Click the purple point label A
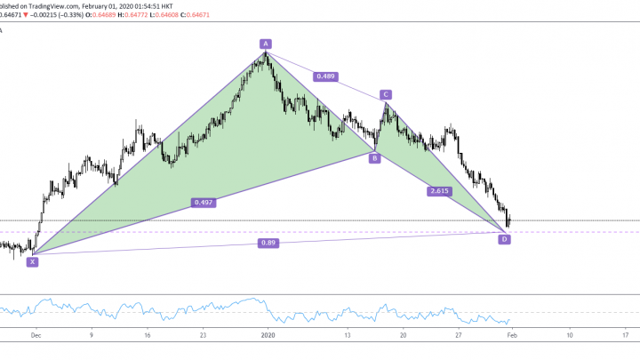pos(265,43)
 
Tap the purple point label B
pos(375,158)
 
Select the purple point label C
pos(386,94)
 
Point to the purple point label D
pos(504,239)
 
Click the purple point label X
pos(33,261)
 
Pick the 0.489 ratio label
pos(325,77)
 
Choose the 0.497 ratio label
pos(204,203)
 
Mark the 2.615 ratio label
pos(439,191)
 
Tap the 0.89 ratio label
pos(268,243)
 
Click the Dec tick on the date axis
pos(35,335)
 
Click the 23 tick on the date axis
pos(203,335)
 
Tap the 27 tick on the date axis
pos(459,335)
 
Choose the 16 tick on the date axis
pos(147,335)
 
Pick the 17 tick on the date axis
pos(626,335)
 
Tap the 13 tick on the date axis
pos(348,335)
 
